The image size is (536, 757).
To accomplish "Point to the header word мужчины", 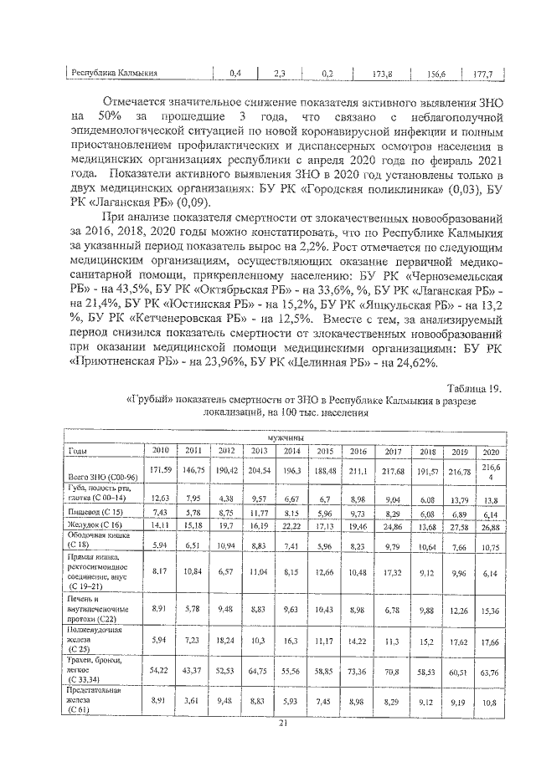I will click(286, 437).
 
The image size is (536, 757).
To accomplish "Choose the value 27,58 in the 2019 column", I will click(460, 525).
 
